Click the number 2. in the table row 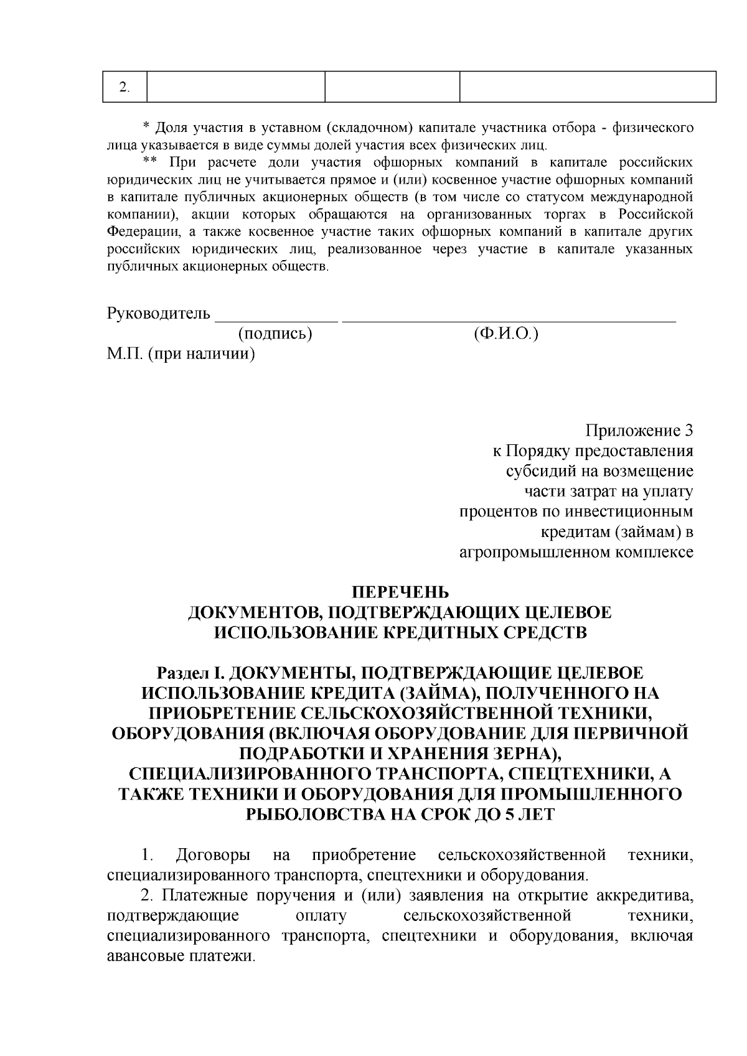pos(125,87)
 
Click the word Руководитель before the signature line pos(159,313)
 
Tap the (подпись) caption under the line pos(275,334)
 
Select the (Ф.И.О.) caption pos(505,334)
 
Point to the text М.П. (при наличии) pos(181,355)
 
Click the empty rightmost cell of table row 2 pos(588,87)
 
